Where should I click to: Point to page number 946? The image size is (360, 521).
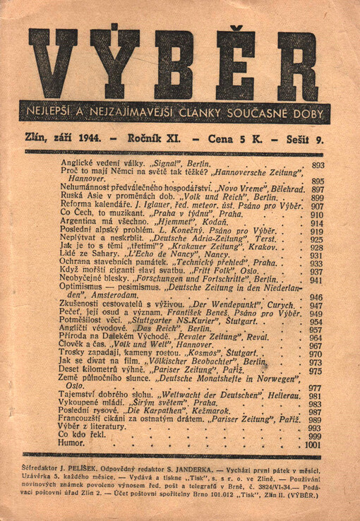click(316, 297)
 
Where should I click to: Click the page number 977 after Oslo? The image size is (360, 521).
click(316, 388)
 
